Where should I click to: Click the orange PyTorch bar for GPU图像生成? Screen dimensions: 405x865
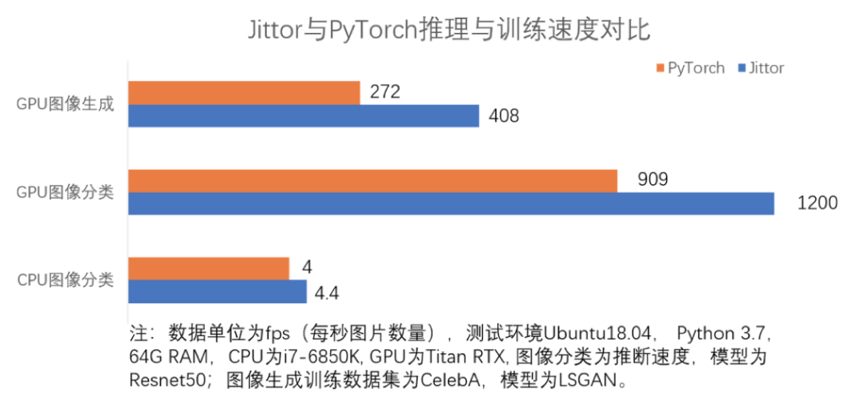[x=244, y=93]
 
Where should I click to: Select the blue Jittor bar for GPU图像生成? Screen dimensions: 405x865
[x=304, y=116]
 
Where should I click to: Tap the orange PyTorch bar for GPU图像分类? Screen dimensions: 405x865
[x=372, y=181]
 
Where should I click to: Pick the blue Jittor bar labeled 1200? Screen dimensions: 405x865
[x=451, y=203]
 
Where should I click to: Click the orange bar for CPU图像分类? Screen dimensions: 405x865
[x=209, y=269]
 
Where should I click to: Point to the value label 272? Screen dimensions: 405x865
[x=384, y=92]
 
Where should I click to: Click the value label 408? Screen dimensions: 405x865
[x=503, y=116]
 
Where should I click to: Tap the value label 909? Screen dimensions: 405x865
[x=653, y=180]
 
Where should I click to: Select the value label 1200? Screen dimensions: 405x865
[x=817, y=203]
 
